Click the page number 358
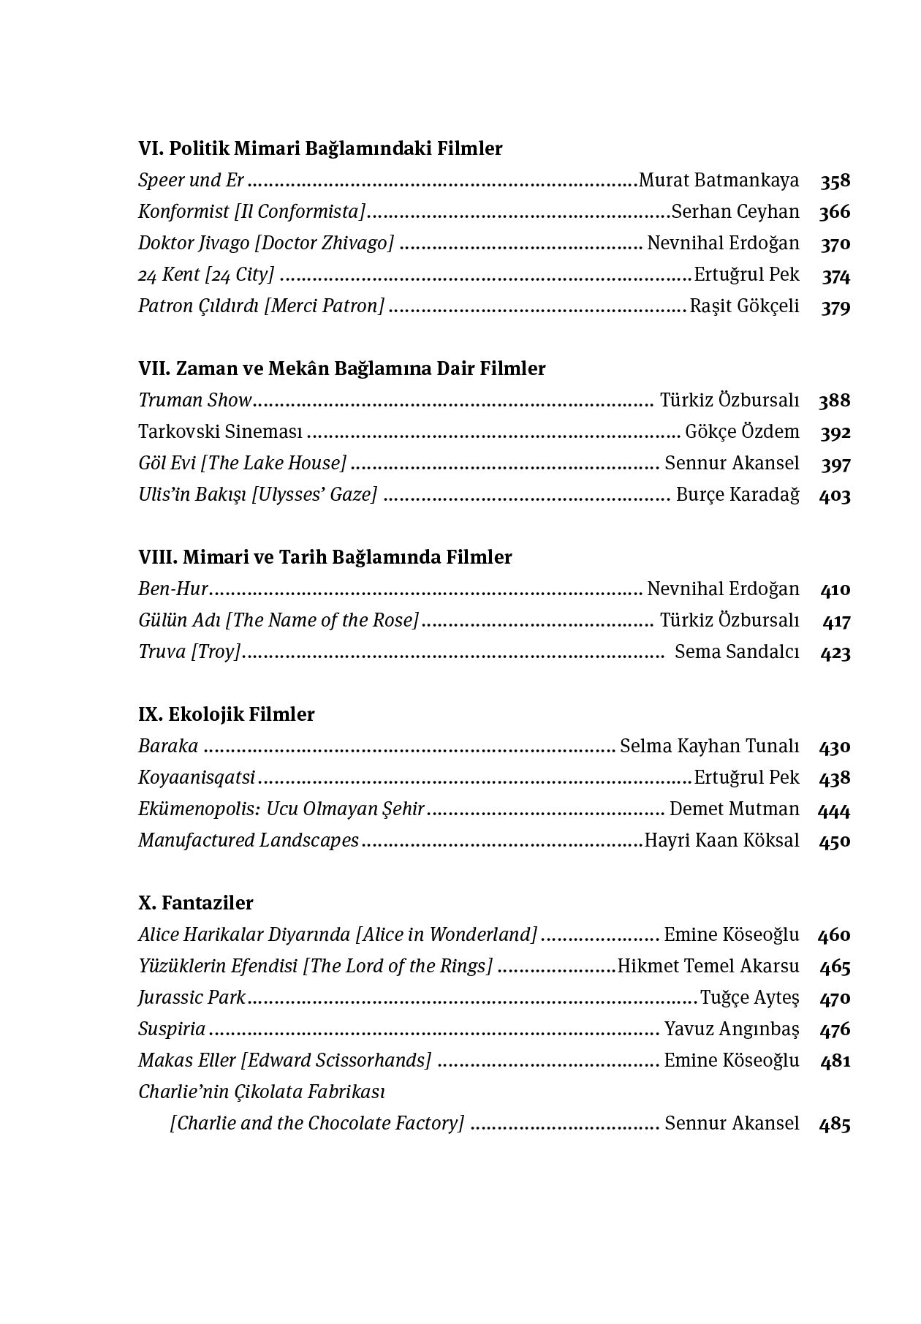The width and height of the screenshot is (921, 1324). pyautogui.click(x=835, y=181)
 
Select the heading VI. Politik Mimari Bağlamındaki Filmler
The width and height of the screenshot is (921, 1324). pyautogui.click(x=320, y=149)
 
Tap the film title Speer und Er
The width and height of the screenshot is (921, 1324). pyautogui.click(x=191, y=181)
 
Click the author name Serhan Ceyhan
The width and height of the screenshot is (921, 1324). pyautogui.click(x=735, y=212)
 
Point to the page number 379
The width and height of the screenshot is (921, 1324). pyautogui.click(x=835, y=307)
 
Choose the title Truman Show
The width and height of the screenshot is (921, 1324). pyautogui.click(x=194, y=401)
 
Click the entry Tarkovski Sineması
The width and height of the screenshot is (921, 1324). pyautogui.click(x=220, y=432)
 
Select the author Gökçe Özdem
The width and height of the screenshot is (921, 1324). pyautogui.click(x=742, y=432)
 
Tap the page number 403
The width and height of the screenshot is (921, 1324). pyautogui.click(x=835, y=496)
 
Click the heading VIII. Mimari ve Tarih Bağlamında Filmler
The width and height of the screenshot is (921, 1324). pyautogui.click(x=325, y=558)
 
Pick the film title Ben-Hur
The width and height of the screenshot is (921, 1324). pyautogui.click(x=173, y=589)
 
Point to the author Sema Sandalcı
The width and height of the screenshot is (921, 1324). pyautogui.click(x=737, y=652)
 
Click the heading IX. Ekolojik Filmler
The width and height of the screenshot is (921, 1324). pyautogui.click(x=227, y=715)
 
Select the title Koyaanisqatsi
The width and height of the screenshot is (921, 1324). pyautogui.click(x=197, y=778)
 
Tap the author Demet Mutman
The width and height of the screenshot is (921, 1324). pyautogui.click(x=735, y=809)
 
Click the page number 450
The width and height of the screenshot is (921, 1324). pyautogui.click(x=835, y=841)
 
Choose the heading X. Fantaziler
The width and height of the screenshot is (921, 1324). pyautogui.click(x=196, y=904)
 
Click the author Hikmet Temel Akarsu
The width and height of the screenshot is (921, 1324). pyautogui.click(x=708, y=966)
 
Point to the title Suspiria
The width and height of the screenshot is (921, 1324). pyautogui.click(x=172, y=1029)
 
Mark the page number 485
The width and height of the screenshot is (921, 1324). pyautogui.click(x=835, y=1124)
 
